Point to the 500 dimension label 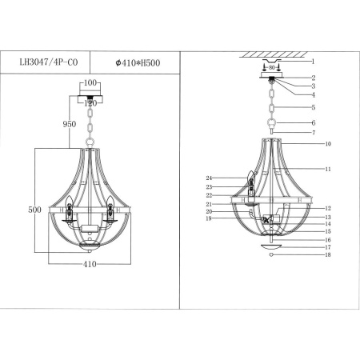[x=34, y=209]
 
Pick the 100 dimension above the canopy [x=90, y=83]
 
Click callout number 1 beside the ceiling [x=314, y=61]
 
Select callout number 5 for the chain [x=314, y=107]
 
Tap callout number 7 [x=314, y=132]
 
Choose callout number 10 [x=328, y=145]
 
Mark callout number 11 [x=328, y=169]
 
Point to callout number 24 [x=207, y=177]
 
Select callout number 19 [x=207, y=218]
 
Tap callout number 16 [x=328, y=240]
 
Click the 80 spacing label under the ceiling [x=271, y=67]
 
